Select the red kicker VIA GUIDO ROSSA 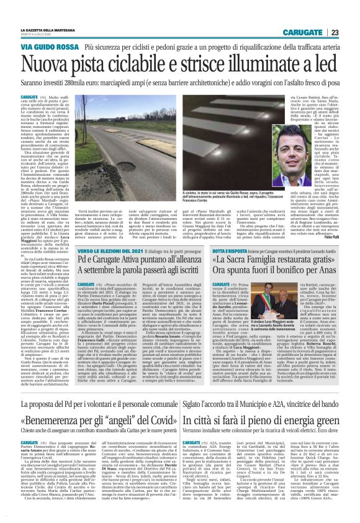point(42,47)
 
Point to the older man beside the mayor point(279,336)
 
